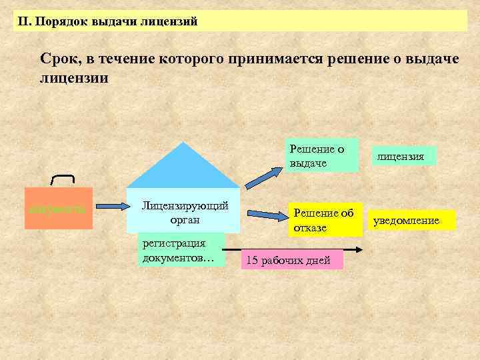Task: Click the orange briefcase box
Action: (59, 209)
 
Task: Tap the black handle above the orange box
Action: (63, 176)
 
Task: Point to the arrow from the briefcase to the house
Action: (110, 209)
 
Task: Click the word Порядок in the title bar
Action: (59, 21)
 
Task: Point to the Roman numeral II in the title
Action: (24, 21)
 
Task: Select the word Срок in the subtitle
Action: (57, 59)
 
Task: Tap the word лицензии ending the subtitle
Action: (73, 77)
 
